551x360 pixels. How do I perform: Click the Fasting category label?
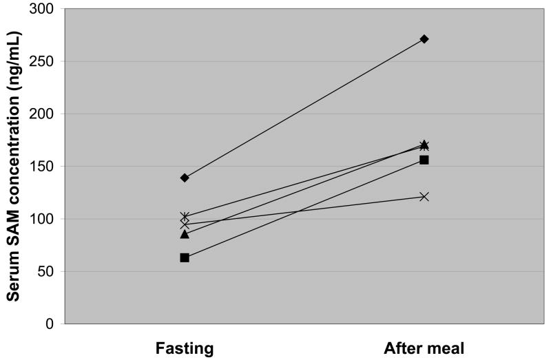click(x=184, y=348)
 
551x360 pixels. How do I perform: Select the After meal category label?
click(x=424, y=348)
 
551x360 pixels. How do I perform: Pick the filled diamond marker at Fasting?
click(x=185, y=178)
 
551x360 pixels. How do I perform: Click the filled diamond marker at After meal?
click(x=424, y=39)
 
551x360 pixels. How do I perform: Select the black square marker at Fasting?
click(x=185, y=257)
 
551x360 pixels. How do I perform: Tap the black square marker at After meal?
click(x=424, y=160)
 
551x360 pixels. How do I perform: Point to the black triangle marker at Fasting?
click(x=185, y=234)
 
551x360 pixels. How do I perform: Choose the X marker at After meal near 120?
click(x=424, y=196)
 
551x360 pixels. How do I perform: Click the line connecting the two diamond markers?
click(x=304, y=108)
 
